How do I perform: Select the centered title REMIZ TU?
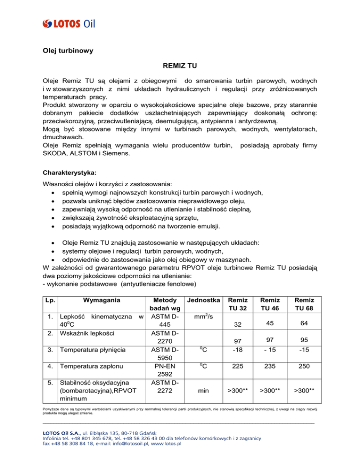click(179, 68)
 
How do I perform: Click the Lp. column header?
click(47, 300)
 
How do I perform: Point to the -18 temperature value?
click(238, 349)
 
